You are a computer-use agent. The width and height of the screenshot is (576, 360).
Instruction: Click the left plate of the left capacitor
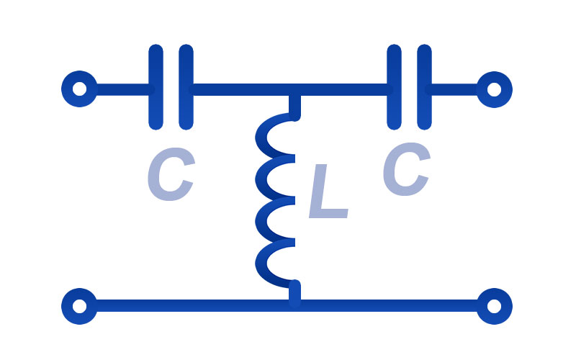(156, 87)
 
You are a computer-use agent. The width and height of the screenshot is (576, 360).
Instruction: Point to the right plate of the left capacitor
(186, 87)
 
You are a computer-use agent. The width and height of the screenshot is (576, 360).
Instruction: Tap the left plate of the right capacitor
(394, 87)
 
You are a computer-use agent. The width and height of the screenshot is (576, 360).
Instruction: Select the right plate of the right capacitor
(424, 87)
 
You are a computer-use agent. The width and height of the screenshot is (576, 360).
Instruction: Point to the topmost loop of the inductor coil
(261, 137)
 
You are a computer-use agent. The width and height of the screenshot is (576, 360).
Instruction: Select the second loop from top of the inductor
(261, 179)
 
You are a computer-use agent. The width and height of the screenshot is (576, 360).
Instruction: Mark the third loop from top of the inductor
(261, 221)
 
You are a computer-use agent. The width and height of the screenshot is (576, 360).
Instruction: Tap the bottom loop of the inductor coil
(261, 264)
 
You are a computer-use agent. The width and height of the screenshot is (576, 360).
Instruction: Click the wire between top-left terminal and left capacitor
(124, 89)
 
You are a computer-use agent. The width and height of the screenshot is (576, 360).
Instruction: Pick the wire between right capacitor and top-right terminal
(453, 89)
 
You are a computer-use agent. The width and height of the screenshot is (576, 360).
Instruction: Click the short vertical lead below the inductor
(294, 293)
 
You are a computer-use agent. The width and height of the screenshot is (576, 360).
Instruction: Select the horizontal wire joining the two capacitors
(290, 89)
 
